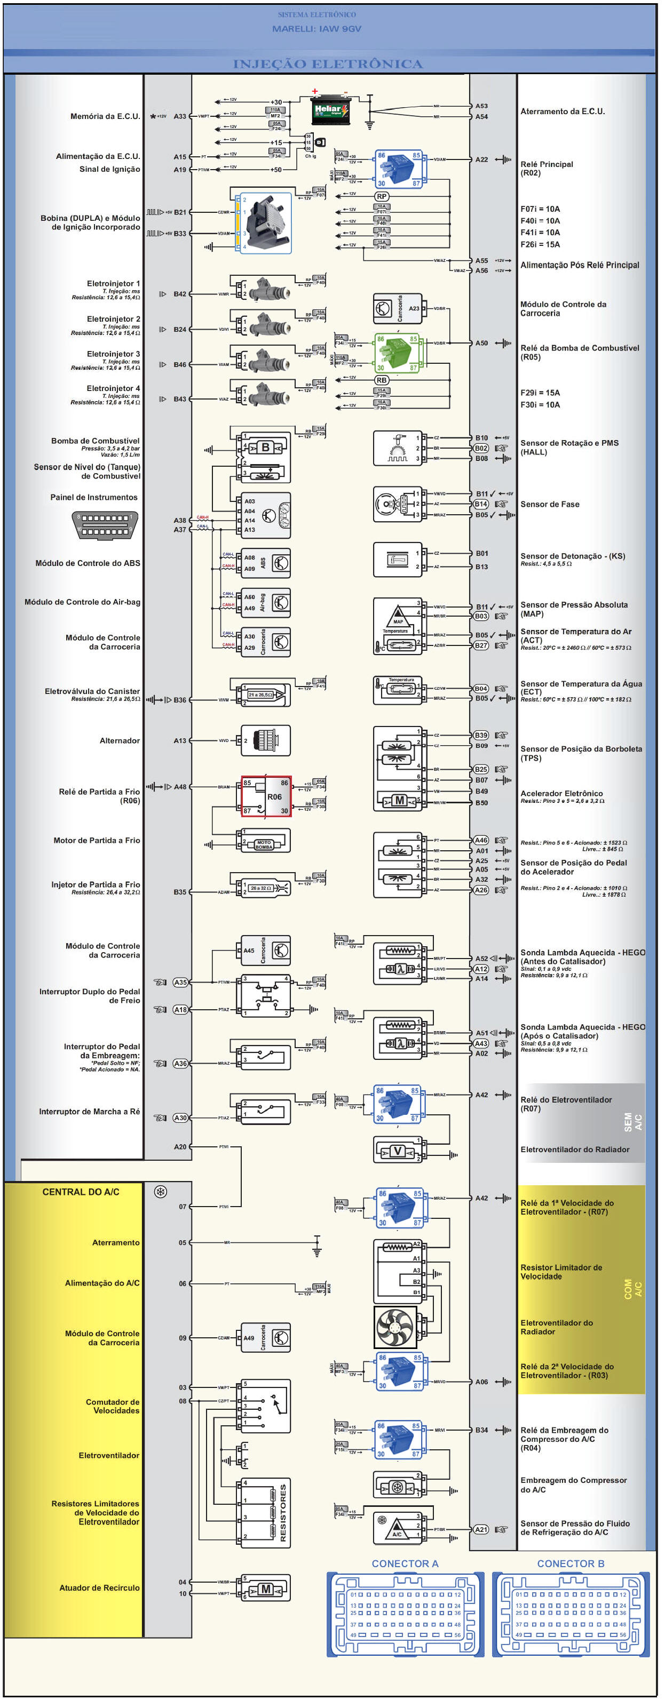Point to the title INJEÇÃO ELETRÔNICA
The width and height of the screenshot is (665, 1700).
pos(328,64)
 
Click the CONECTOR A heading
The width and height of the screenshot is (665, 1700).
pos(405,1564)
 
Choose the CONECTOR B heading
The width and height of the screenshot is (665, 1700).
pos(571,1564)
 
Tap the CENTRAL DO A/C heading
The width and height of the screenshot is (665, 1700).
pos(81,1192)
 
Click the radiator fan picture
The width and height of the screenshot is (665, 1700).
pos(395,1328)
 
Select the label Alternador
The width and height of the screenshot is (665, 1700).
pos(120,740)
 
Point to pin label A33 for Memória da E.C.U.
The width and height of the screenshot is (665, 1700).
pos(180,116)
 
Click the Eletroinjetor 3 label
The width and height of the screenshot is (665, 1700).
pos(113,354)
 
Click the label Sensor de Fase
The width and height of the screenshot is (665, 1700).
pos(549,504)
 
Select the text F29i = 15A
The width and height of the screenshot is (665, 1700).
pos(540,393)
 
